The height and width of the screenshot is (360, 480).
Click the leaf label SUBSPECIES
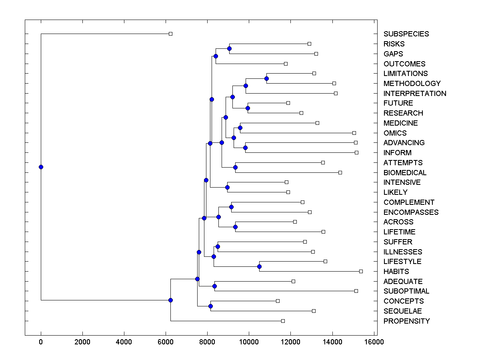point(406,34)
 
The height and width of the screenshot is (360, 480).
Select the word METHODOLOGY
point(412,84)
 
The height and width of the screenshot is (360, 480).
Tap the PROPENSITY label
point(406,321)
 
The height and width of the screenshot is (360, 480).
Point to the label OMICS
point(395,133)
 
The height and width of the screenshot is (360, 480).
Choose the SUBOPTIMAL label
point(406,291)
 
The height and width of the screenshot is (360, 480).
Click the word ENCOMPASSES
point(411,212)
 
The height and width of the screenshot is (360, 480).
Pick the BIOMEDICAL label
point(405,173)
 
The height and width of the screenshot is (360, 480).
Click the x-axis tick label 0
point(41,342)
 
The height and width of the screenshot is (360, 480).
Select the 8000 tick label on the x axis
point(207,342)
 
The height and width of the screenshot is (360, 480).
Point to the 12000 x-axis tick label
point(290,342)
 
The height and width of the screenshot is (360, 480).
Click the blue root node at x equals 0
point(41,167)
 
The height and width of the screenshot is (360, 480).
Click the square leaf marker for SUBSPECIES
point(170,34)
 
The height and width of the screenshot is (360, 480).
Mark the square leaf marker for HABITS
point(361,271)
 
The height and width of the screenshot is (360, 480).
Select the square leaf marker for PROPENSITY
point(283,321)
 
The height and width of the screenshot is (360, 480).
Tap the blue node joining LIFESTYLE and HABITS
point(259,266)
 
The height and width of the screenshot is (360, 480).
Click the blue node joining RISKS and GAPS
point(229,49)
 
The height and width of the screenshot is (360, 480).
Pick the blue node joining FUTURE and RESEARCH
point(248,108)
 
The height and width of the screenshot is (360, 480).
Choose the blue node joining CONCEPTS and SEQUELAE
point(210,306)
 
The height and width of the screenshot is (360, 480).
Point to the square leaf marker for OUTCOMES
point(286,64)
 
